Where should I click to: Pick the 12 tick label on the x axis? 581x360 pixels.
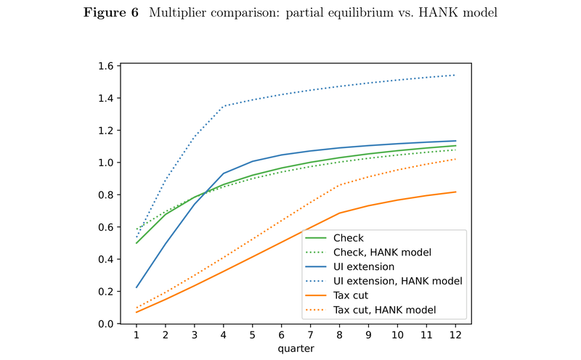[x=455, y=336]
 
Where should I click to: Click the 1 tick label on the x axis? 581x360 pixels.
[x=136, y=336]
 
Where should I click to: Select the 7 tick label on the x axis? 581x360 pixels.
[x=310, y=336]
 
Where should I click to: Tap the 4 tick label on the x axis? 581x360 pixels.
[x=223, y=336]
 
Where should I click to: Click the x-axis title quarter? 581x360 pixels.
[x=296, y=348]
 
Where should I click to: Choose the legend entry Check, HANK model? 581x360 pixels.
[x=382, y=252]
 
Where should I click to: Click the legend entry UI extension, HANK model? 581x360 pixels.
[x=397, y=281]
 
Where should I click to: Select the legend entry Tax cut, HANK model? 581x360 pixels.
[x=384, y=310]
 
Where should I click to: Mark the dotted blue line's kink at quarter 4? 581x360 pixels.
[x=223, y=106]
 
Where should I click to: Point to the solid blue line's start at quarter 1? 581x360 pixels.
[x=136, y=287]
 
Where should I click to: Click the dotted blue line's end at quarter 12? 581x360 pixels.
[x=455, y=75]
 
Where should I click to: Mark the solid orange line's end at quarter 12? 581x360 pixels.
[x=455, y=192]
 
